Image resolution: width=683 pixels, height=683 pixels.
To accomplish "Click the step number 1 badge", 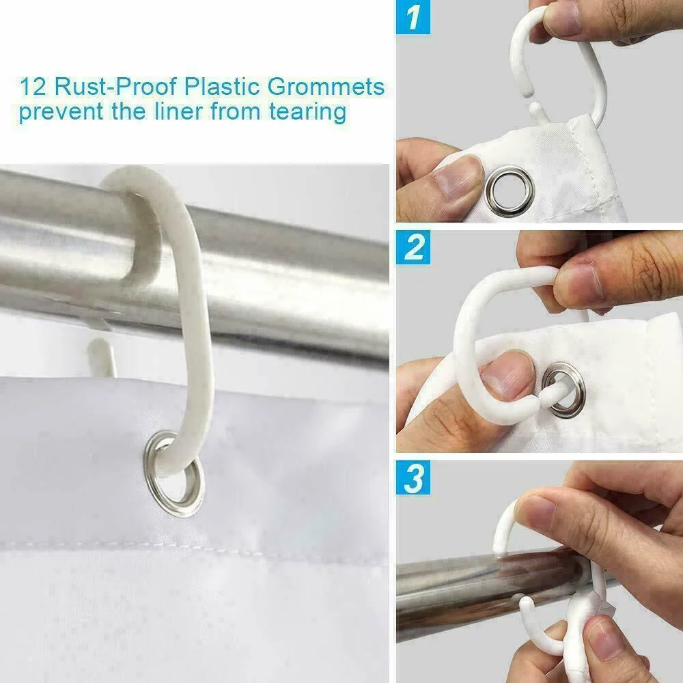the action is pos(413,17).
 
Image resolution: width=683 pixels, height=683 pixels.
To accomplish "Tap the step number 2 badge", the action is pos(413,247).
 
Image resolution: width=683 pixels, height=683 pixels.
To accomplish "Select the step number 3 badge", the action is pos(413,478).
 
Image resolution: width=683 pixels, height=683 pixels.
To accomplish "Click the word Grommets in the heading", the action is pos(326,87).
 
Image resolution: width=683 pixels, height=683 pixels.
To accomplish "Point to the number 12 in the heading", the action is pos(33,87).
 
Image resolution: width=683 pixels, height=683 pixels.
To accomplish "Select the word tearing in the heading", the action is pos(307,113).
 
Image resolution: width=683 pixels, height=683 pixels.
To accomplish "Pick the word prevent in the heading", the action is pos(61,113).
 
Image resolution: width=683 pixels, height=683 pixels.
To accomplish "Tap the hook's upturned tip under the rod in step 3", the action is pos(526,605).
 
